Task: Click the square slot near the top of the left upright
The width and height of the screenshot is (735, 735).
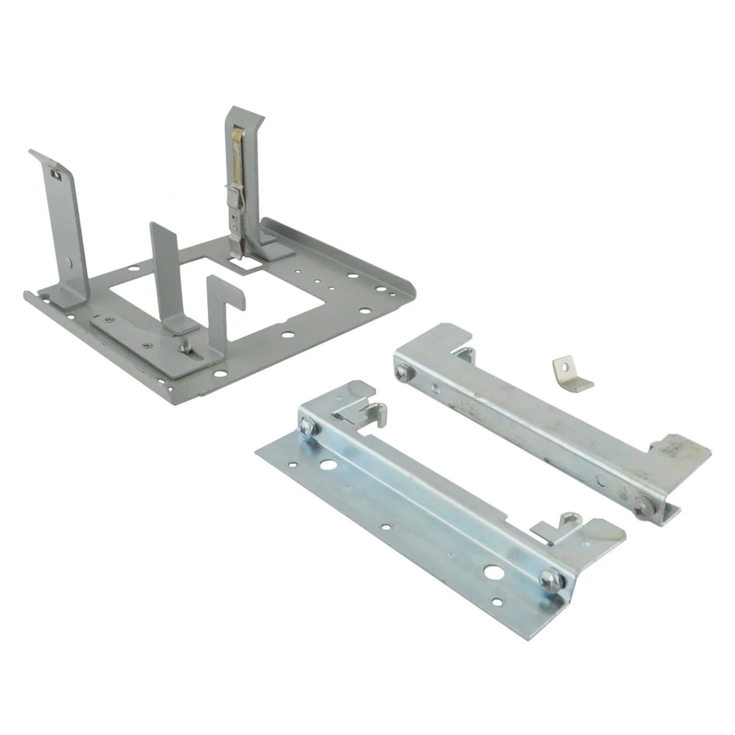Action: click(57, 174)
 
